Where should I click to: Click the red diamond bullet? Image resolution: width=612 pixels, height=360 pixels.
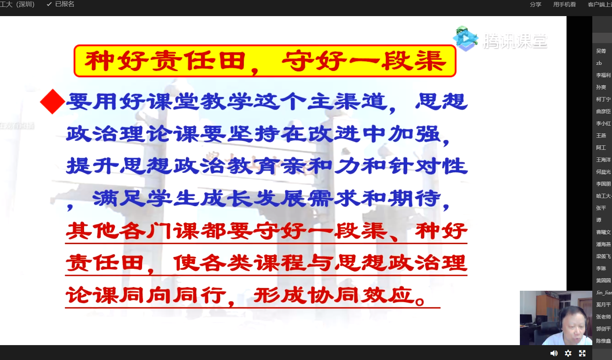(52, 101)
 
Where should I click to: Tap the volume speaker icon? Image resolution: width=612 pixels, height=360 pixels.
(554, 353)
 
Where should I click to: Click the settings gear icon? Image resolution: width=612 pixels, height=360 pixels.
(568, 353)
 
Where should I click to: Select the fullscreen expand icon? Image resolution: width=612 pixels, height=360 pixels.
(582, 353)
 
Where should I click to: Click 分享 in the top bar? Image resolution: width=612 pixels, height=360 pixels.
(535, 4)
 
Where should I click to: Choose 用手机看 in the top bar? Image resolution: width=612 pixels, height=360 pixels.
(564, 4)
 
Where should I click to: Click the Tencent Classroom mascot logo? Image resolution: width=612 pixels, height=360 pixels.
(466, 39)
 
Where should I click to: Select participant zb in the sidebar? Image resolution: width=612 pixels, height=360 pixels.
(599, 63)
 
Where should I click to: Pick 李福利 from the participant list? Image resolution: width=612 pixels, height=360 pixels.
(603, 75)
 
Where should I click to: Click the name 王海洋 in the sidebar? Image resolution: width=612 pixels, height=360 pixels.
(603, 160)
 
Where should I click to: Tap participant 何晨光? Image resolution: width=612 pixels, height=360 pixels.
(603, 172)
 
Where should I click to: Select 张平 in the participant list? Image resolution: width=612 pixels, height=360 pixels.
(601, 208)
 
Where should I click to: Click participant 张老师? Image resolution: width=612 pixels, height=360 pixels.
(603, 317)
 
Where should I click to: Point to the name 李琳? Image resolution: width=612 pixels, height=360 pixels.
(601, 269)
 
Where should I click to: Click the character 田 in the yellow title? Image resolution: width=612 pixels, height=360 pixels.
(232, 61)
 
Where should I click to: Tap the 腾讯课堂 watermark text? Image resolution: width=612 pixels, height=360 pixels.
(515, 41)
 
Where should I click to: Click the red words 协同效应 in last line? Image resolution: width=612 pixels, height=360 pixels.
(361, 296)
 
